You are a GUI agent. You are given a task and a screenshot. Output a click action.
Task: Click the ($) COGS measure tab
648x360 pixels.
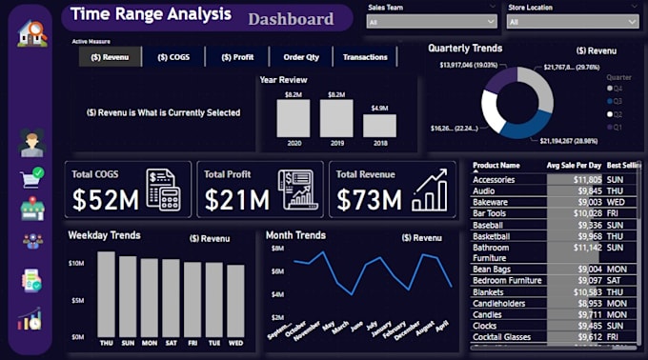tap(173, 57)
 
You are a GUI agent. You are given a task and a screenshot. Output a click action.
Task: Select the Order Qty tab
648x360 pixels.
tap(300, 57)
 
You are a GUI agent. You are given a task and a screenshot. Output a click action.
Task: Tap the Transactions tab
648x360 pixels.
tap(365, 57)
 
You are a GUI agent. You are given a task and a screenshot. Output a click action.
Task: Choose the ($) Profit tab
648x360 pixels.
tap(237, 57)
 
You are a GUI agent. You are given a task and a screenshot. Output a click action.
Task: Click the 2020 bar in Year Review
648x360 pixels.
tap(293, 119)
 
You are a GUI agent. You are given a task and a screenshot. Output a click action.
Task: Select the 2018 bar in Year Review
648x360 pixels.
tap(379, 126)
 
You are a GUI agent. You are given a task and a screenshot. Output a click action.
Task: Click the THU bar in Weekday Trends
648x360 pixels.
tap(106, 295)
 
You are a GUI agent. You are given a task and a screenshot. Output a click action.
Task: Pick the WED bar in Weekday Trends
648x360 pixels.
tap(235, 302)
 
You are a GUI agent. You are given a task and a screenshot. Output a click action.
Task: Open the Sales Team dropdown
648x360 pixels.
tap(432, 21)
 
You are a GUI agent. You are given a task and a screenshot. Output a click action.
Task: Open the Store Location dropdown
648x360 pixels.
tap(572, 21)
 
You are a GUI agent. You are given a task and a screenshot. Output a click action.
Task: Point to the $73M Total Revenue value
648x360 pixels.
tap(368, 199)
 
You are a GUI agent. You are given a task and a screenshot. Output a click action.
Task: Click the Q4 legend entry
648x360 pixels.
tap(618, 88)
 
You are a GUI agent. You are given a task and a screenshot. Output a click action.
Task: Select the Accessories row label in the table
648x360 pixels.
tap(494, 179)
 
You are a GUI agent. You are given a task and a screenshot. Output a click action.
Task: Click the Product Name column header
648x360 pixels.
tap(496, 165)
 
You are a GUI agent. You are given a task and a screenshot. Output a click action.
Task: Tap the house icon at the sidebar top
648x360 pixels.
tap(31, 33)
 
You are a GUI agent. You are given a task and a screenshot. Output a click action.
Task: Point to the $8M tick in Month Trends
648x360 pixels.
tap(277, 249)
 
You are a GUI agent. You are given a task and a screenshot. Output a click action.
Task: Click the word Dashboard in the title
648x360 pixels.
tap(291, 19)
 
